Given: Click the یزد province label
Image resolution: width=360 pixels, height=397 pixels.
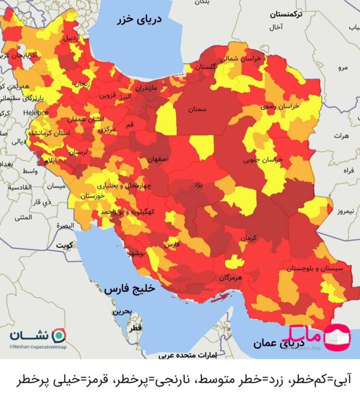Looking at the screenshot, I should [x=199, y=185].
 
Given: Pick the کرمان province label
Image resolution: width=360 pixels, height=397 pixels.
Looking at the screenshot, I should [x=250, y=237].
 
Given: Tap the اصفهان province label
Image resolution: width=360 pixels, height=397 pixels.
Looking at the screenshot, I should [x=158, y=159].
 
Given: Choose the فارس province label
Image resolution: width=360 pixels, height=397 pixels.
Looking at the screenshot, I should [x=173, y=244].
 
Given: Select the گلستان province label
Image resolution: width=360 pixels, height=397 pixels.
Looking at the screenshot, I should [x=210, y=66].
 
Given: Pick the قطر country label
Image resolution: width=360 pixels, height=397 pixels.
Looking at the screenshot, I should [x=135, y=326].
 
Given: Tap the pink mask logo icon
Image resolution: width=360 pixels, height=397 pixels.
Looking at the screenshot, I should [x=338, y=336].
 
